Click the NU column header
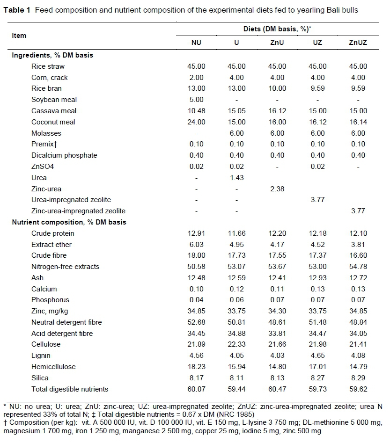coord(196,42)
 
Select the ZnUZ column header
coord(358,42)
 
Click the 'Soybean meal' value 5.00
coord(196,100)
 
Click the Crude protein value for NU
coord(196,233)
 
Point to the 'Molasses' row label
coord(46,133)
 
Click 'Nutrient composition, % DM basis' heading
coord(69,222)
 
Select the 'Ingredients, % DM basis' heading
coord(52,55)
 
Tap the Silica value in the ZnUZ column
coord(358,378)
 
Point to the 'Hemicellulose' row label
coord(53,367)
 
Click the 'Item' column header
coord(19,36)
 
